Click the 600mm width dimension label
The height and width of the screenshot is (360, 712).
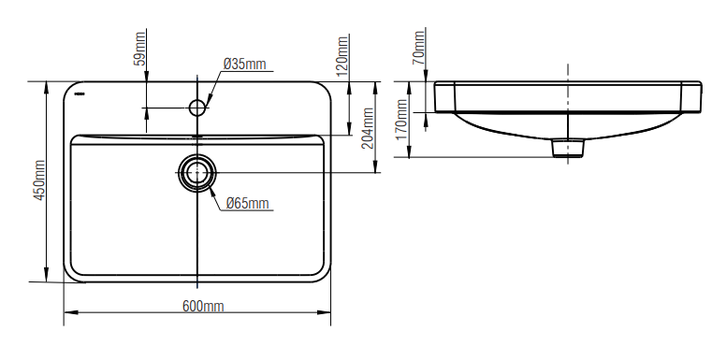click(203, 307)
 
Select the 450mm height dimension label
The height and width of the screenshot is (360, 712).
click(39, 180)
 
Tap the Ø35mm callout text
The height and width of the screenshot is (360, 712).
click(245, 64)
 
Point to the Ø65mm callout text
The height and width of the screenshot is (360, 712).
click(248, 203)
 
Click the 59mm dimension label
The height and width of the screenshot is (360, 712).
click(139, 48)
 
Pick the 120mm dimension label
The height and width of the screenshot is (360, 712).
click(342, 55)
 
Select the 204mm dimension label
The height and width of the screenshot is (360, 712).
click(368, 128)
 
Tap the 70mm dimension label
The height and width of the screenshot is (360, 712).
click(418, 47)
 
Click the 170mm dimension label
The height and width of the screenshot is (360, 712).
click(402, 120)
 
